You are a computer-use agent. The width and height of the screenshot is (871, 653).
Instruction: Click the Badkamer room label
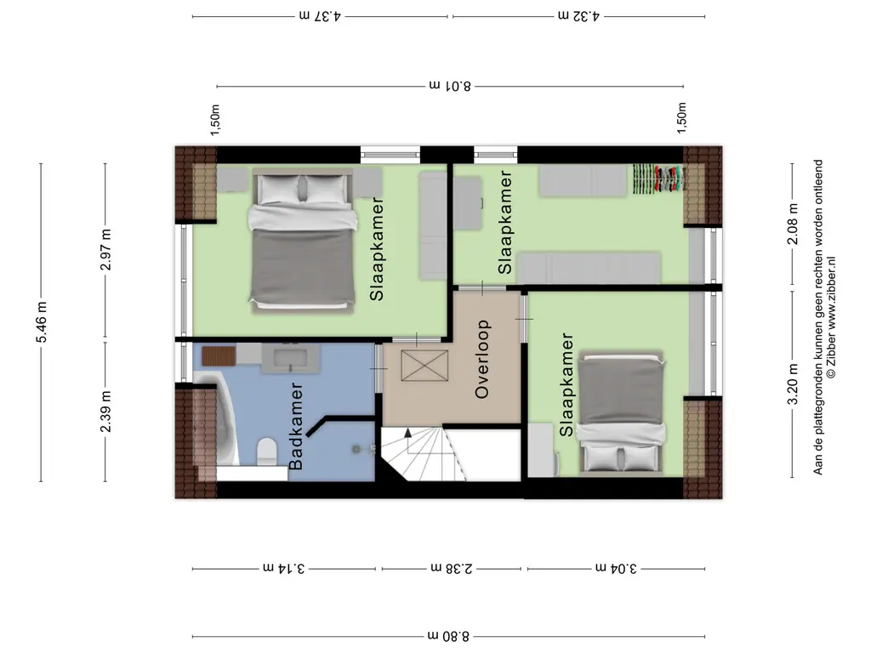click(297, 425)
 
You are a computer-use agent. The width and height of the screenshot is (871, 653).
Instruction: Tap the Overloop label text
click(482, 359)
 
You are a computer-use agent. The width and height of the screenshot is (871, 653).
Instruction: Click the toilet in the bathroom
click(267, 452)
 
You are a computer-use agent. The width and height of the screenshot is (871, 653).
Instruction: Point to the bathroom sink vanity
click(290, 358)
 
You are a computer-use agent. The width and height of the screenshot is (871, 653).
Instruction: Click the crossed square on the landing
click(424, 366)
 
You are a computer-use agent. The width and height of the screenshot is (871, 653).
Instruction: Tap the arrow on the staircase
click(408, 433)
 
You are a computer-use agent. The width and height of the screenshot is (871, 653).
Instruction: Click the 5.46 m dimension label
click(42, 322)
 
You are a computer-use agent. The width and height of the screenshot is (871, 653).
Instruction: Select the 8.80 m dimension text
click(448, 636)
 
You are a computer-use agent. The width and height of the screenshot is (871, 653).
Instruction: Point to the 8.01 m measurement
click(450, 86)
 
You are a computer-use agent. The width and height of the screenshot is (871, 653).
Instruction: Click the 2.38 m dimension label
click(452, 569)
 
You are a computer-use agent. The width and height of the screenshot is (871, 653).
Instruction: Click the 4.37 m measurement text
click(320, 16)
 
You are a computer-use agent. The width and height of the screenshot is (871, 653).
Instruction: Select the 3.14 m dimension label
click(284, 569)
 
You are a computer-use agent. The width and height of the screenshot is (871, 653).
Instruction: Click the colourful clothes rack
click(659, 179)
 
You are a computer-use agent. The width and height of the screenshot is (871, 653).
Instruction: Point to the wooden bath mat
click(219, 356)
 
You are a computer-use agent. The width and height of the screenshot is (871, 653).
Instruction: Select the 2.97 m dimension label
click(106, 250)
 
